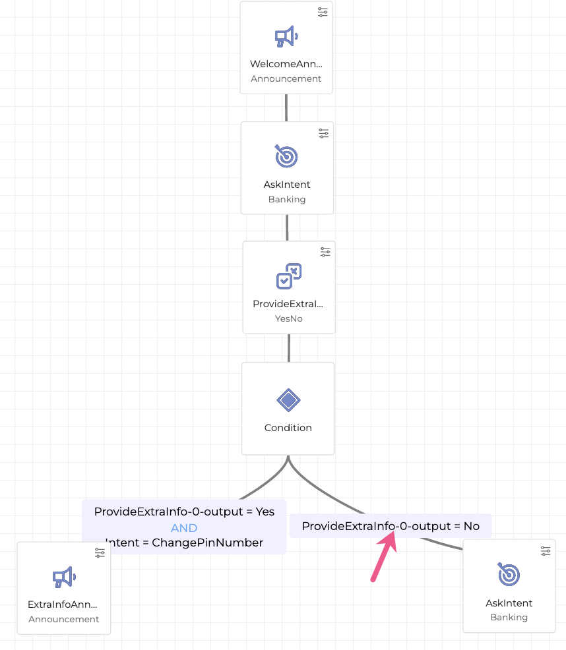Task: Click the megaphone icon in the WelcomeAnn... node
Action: click(286, 37)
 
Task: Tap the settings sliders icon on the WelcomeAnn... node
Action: click(323, 13)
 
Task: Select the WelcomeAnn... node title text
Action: click(286, 64)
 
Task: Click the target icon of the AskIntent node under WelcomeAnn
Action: click(286, 157)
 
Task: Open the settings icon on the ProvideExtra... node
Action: click(325, 252)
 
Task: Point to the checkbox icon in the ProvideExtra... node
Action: click(288, 276)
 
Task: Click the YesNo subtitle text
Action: click(288, 318)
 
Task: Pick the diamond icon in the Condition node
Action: click(288, 399)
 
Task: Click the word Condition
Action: click(288, 428)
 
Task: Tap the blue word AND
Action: click(184, 528)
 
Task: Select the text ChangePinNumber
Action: click(207, 543)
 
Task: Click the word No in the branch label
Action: click(471, 526)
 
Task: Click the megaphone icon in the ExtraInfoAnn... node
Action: click(64, 577)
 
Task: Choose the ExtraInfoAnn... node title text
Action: click(63, 604)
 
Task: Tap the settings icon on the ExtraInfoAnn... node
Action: click(100, 552)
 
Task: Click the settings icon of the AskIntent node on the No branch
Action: click(546, 550)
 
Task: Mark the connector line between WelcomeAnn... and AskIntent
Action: click(286, 107)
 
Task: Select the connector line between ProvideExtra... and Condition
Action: click(289, 347)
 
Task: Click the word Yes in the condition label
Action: click(265, 512)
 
